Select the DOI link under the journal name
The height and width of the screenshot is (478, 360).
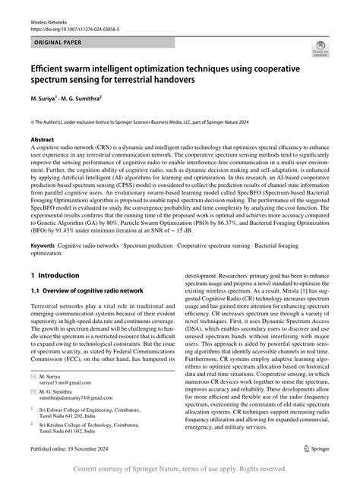pos(77,31)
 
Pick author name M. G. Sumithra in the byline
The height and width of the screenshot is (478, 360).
pos(94,97)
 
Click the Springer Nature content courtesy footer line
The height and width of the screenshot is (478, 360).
pos(179,468)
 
